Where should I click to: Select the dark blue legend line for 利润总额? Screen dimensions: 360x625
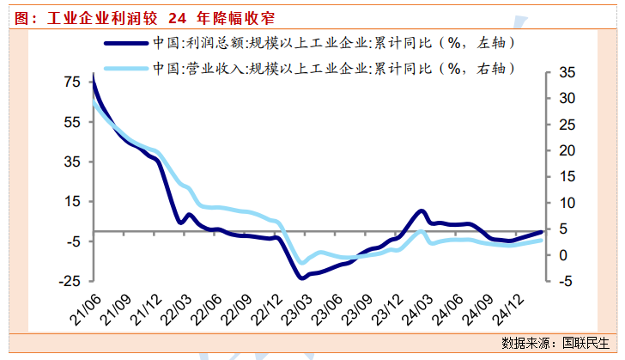pos(124,42)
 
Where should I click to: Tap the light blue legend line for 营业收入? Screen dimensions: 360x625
pos(124,67)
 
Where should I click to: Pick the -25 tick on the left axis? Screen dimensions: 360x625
pos(69,280)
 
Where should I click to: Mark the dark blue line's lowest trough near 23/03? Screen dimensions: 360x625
pos(300,277)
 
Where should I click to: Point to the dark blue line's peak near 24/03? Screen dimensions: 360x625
pos(421,211)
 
